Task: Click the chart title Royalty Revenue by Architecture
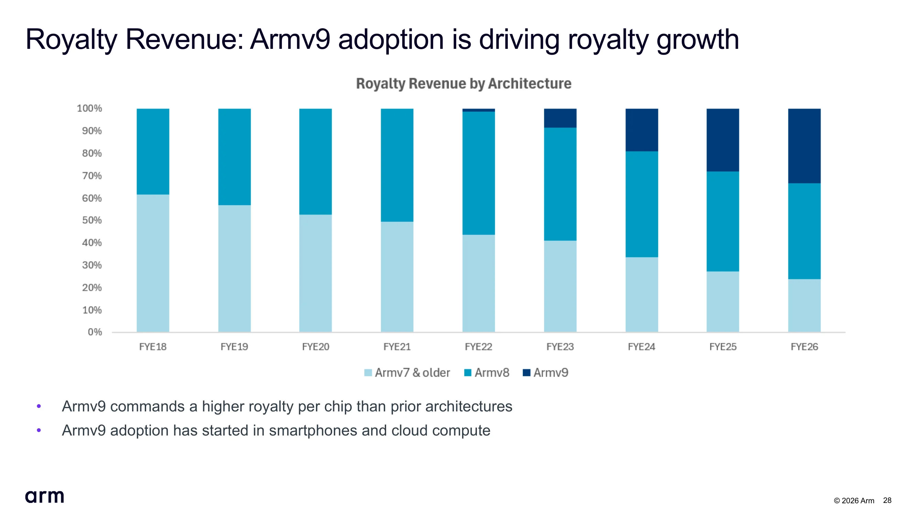click(463, 84)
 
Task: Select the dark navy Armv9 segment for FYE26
click(804, 146)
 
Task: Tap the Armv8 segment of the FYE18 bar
click(153, 151)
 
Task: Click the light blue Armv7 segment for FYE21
click(397, 277)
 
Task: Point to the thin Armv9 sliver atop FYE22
click(478, 110)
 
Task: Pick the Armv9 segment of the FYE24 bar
click(642, 130)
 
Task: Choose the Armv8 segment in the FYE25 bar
click(723, 222)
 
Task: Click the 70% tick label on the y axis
click(92, 175)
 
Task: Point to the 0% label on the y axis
click(95, 332)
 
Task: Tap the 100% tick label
click(89, 108)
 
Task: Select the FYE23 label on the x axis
click(560, 347)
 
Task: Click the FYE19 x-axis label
click(234, 347)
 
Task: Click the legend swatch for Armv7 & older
click(368, 373)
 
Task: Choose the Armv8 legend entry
click(487, 373)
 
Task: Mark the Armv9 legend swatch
click(526, 373)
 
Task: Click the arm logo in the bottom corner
click(44, 496)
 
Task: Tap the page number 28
click(887, 500)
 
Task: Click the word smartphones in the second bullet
click(313, 431)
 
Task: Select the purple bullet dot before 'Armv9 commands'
click(39, 406)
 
